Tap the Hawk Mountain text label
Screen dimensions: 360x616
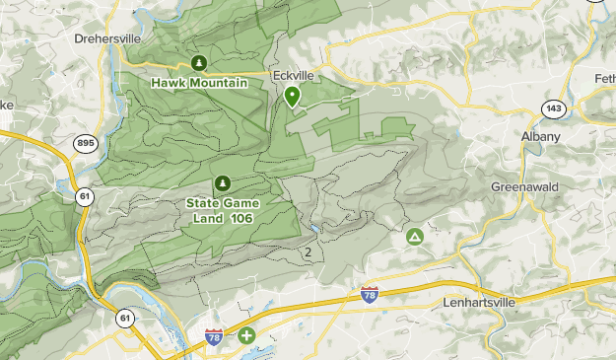pyautogui.click(x=199, y=83)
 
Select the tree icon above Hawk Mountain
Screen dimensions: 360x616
pyautogui.click(x=199, y=63)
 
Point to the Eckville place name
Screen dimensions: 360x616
pyautogui.click(x=293, y=75)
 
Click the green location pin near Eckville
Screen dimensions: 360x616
pyautogui.click(x=293, y=96)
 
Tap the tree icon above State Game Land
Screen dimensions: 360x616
pyautogui.click(x=222, y=183)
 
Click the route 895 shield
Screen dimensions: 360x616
pyautogui.click(x=85, y=144)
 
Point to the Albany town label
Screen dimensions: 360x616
pyautogui.click(x=541, y=136)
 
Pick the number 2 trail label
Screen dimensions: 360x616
pyautogui.click(x=308, y=252)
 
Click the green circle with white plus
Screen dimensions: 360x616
pyautogui.click(x=245, y=336)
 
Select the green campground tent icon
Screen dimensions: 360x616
pyautogui.click(x=416, y=237)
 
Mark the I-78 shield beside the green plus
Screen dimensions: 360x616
pyautogui.click(x=214, y=337)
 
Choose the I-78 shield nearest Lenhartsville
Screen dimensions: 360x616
pyautogui.click(x=370, y=294)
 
